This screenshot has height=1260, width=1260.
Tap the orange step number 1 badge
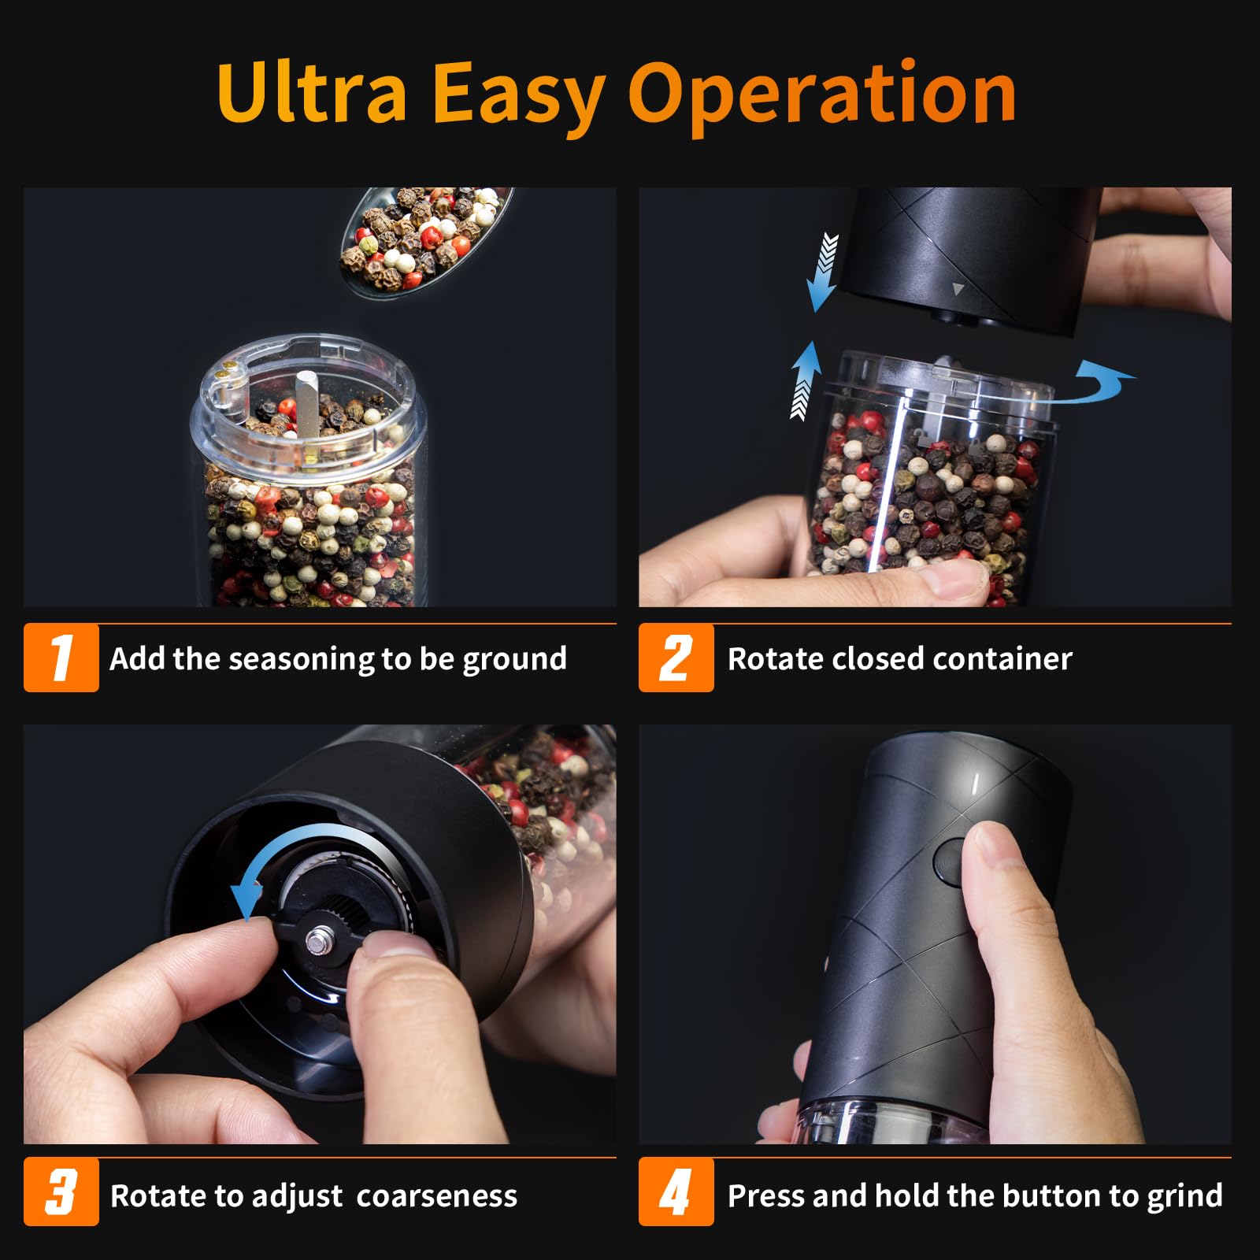coord(61,658)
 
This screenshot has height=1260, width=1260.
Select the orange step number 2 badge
coord(676,658)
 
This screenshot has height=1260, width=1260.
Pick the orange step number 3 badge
coord(61,1191)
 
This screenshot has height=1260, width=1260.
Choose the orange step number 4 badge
coord(676,1191)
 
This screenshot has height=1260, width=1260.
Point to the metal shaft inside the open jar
coord(306,402)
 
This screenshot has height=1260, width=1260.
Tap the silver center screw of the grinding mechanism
coord(318,940)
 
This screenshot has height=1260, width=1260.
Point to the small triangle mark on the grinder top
coord(958,290)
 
